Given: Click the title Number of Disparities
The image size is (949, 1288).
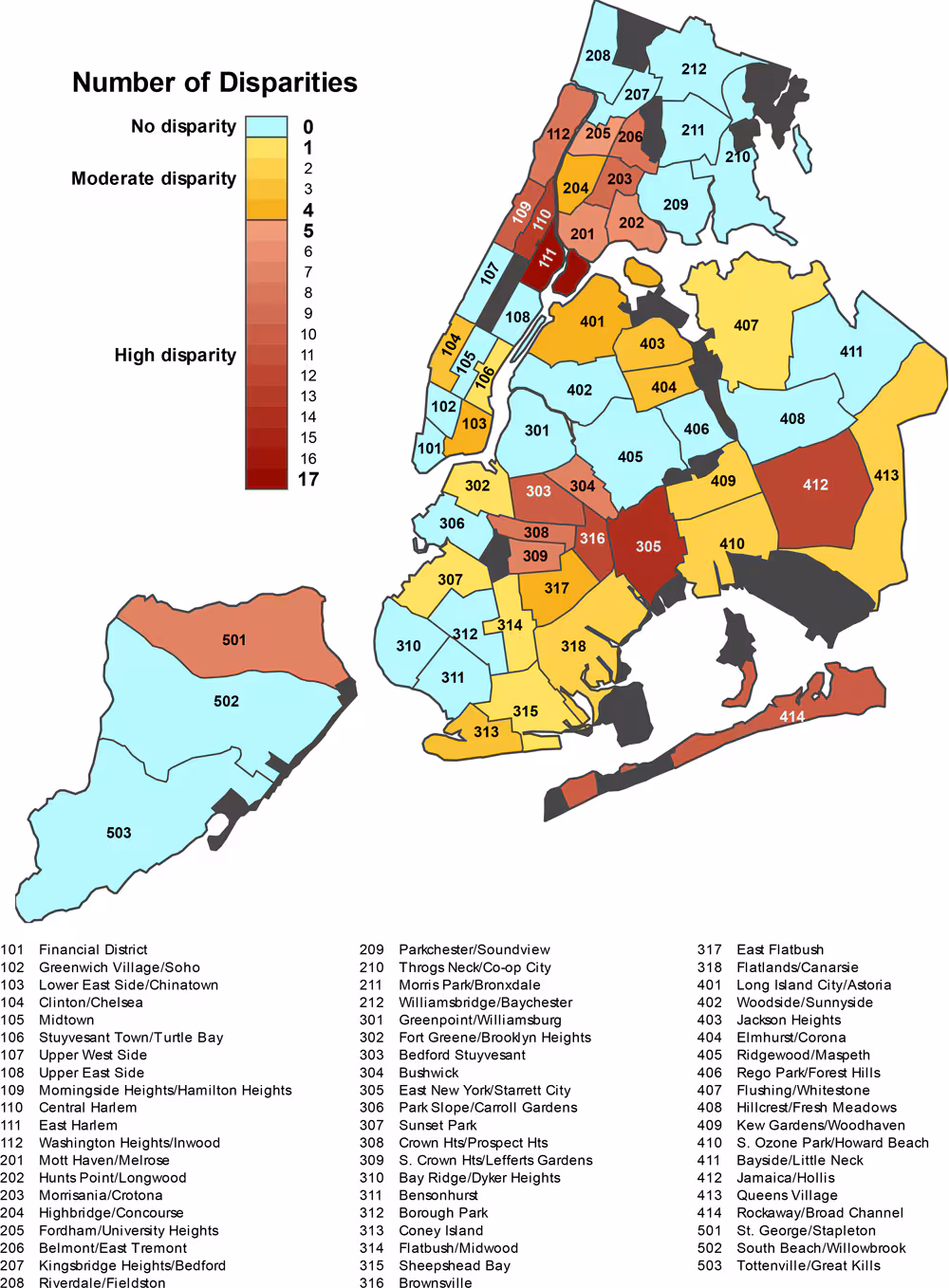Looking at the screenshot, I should pyautogui.click(x=214, y=83).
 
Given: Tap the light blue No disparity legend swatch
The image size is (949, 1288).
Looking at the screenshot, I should pyautogui.click(x=267, y=126).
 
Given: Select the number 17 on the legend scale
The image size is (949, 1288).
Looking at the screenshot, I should pyautogui.click(x=307, y=479).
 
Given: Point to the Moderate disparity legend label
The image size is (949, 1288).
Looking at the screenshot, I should pyautogui.click(x=154, y=178).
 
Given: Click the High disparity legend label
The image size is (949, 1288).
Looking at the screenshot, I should pyautogui.click(x=175, y=355).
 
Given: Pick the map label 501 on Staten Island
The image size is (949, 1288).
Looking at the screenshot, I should pyautogui.click(x=234, y=640).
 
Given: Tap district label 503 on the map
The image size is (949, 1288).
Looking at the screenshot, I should pyautogui.click(x=119, y=833).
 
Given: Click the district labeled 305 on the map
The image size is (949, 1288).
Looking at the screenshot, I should pyautogui.click(x=648, y=546).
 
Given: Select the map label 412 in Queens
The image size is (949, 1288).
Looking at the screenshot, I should pyautogui.click(x=815, y=485).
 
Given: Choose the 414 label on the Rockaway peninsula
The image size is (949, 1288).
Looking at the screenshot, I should pyautogui.click(x=792, y=717).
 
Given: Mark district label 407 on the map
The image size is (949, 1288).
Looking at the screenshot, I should pyautogui.click(x=746, y=325).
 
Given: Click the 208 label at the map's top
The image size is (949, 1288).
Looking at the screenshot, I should pyautogui.click(x=598, y=56).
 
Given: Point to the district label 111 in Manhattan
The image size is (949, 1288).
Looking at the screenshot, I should pyautogui.click(x=547, y=258).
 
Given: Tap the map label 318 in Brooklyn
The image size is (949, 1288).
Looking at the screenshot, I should pyautogui.click(x=573, y=646).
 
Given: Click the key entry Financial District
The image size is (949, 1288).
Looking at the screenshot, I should pyautogui.click(x=93, y=949).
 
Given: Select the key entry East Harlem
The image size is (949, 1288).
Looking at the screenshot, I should pyautogui.click(x=78, y=1125).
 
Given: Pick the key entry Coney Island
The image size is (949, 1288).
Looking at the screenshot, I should pyautogui.click(x=440, y=1230).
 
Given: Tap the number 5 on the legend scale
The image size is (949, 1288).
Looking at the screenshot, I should pyautogui.click(x=307, y=230).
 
